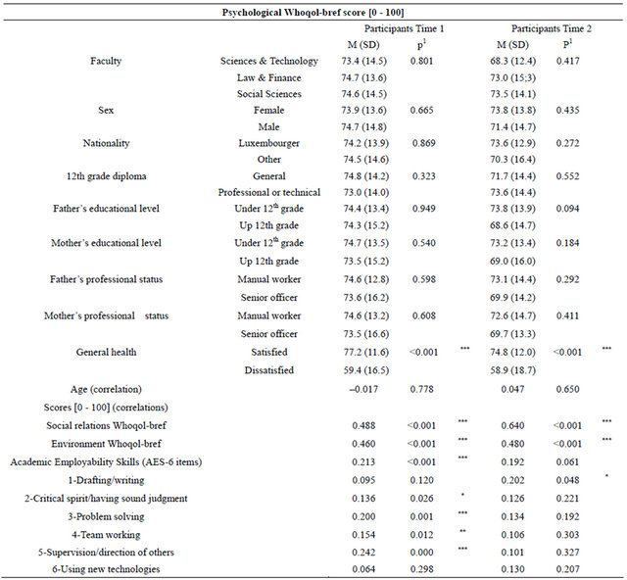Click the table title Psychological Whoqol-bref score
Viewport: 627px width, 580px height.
[313, 13]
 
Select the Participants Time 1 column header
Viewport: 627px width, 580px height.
[404, 28]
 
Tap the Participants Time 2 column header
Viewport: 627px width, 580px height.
[552, 28]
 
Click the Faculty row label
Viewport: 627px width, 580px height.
[106, 61]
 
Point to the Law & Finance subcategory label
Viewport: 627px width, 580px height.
[268, 77]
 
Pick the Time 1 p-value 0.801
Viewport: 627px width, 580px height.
[421, 61]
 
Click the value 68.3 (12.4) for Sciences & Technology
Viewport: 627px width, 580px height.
[512, 61]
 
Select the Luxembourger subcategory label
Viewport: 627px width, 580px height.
[268, 143]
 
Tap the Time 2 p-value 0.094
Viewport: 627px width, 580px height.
[567, 209]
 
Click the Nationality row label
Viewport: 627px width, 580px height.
[106, 143]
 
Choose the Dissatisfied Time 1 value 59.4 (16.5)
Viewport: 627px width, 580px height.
[365, 370]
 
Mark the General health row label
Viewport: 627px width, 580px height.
[106, 352]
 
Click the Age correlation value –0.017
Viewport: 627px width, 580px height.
[363, 389]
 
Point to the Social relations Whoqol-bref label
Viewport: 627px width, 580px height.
[106, 425]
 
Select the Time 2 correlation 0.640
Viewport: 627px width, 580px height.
[512, 425]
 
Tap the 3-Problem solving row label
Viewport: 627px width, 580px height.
[106, 516]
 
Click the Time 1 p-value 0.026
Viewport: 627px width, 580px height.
[421, 499]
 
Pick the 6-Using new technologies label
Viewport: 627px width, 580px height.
[106, 569]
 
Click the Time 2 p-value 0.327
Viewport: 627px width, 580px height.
[567, 552]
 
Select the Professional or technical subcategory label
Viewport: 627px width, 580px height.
[268, 192]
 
